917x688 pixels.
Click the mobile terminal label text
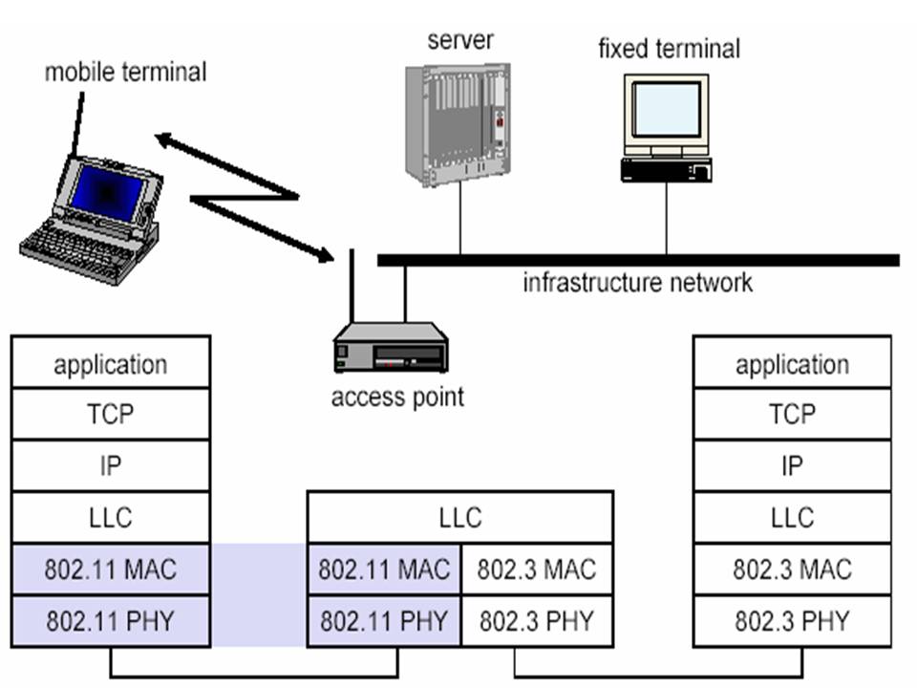pyautogui.click(x=125, y=72)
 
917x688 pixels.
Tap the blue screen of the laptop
pyautogui.click(x=107, y=191)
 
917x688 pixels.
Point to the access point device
pyautogui.click(x=391, y=348)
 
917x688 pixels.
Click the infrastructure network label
pyautogui.click(x=637, y=283)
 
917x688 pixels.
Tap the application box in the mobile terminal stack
pyautogui.click(x=111, y=363)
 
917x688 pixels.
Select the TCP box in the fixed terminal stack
pyautogui.click(x=792, y=414)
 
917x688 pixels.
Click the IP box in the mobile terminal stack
pyautogui.click(x=111, y=466)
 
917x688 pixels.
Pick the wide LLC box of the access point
pyautogui.click(x=460, y=518)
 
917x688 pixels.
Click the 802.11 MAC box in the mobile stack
pyautogui.click(x=111, y=570)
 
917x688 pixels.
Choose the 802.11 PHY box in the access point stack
pyautogui.click(x=384, y=621)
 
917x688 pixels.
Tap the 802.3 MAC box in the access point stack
pyautogui.click(x=537, y=570)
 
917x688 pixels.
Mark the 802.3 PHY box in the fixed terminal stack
pyautogui.click(x=792, y=621)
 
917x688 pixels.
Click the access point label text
pyautogui.click(x=397, y=397)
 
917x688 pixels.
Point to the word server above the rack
pyautogui.click(x=460, y=40)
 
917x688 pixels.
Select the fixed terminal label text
pyautogui.click(x=669, y=48)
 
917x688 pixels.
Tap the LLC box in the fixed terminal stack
pyautogui.click(x=792, y=518)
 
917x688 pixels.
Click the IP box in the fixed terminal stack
pyautogui.click(x=792, y=466)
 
